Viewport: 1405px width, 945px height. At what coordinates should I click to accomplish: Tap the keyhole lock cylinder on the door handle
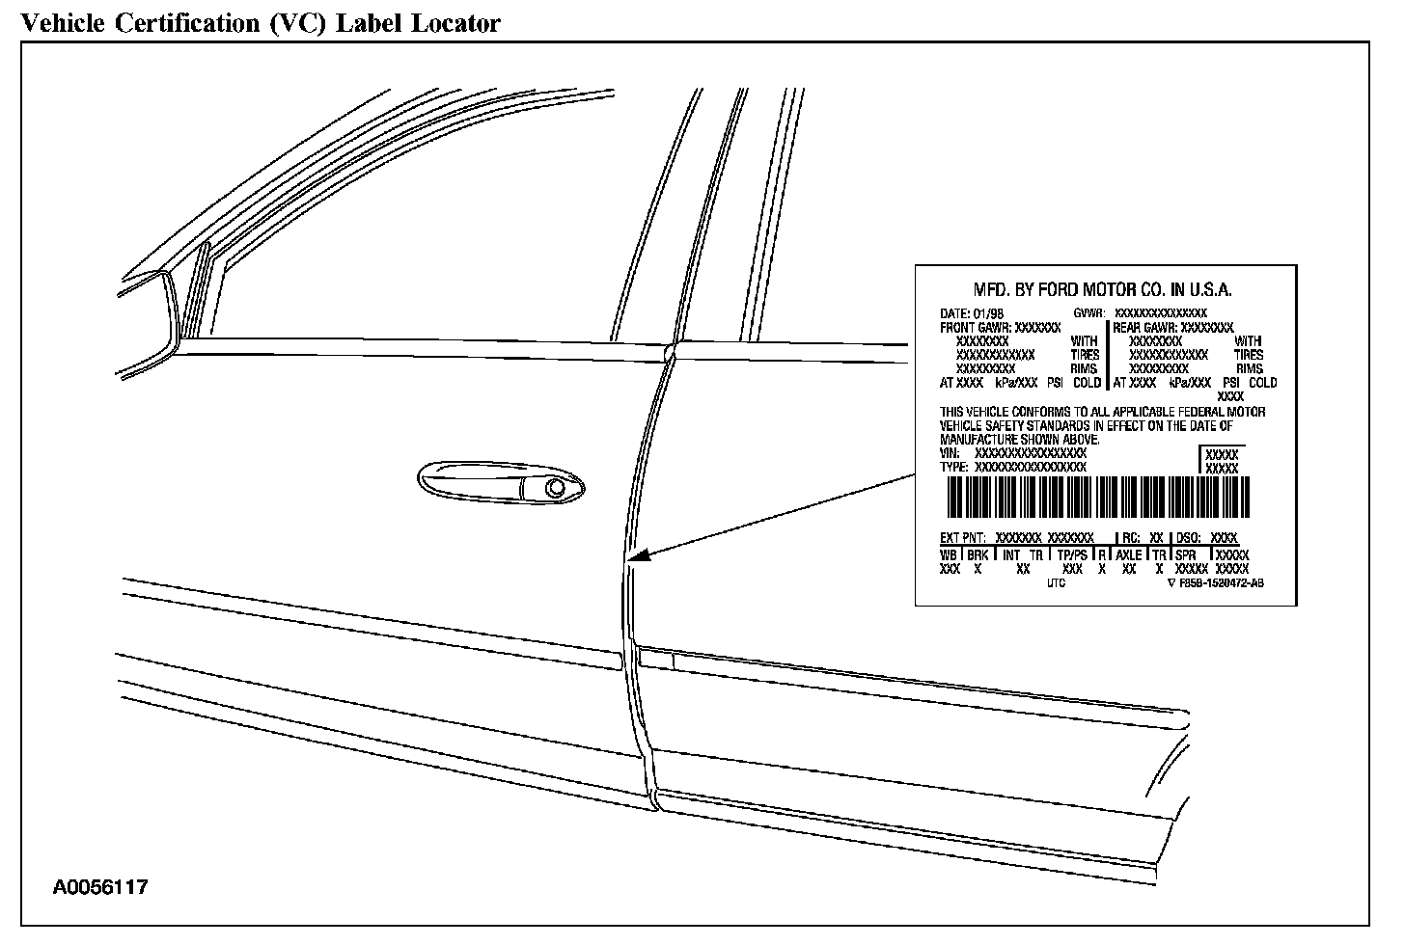pos(556,488)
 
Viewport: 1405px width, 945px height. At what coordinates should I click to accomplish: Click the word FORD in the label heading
pos(1059,290)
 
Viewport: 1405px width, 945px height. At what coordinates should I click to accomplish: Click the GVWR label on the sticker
pos(1088,314)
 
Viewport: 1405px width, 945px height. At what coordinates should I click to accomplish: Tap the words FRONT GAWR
pos(975,328)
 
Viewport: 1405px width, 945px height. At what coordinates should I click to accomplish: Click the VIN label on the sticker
pos(950,453)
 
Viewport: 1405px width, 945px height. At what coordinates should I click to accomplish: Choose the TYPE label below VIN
pos(954,467)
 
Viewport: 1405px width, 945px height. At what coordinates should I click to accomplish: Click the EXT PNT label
pos(962,538)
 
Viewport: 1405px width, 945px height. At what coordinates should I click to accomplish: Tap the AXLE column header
pos(1129,555)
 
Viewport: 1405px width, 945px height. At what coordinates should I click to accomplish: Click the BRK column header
pos(978,555)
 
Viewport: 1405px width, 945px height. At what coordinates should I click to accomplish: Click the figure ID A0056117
pos(100,887)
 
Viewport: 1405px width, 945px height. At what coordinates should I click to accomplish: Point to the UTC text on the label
pos(1056,583)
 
